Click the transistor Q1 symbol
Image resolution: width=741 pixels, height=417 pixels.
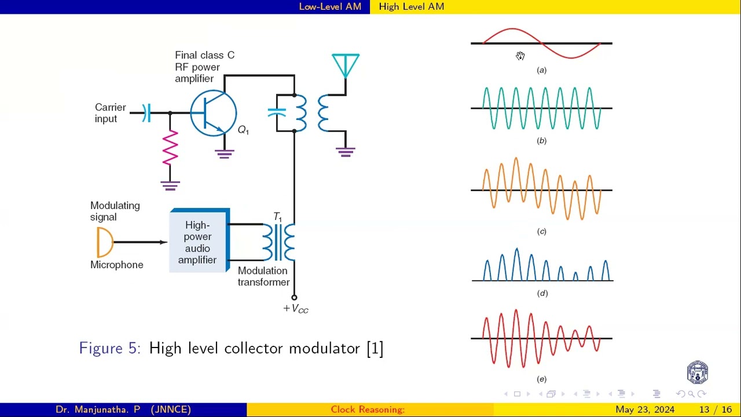[x=213, y=113]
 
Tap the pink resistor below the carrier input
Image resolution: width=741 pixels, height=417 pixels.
[x=170, y=148]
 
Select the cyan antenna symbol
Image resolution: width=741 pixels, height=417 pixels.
[x=346, y=65]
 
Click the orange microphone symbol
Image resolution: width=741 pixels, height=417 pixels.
[x=104, y=242]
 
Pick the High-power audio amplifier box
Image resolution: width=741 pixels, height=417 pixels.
[x=199, y=242]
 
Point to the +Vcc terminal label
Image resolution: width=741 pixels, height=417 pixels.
[x=296, y=309]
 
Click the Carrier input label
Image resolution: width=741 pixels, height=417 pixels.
[x=110, y=113]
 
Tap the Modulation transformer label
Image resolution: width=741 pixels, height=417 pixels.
[x=263, y=276]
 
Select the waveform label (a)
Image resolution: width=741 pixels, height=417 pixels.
[x=541, y=70]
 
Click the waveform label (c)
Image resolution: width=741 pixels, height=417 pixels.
[x=541, y=232]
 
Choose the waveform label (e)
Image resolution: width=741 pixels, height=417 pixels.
[x=541, y=379]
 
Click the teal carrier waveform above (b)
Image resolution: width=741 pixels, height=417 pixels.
[x=541, y=108]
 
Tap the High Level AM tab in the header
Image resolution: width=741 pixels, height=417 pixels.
[x=412, y=6]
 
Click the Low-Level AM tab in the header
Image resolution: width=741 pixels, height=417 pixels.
[x=330, y=6]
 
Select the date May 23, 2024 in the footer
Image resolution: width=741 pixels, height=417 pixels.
[x=644, y=409]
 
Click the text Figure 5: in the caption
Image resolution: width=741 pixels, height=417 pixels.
[x=109, y=348]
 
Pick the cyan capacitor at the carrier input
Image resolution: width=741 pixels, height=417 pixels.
[x=147, y=113]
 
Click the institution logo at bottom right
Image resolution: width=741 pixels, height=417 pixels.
[x=697, y=372]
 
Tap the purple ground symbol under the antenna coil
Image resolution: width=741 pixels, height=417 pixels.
[x=346, y=152]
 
